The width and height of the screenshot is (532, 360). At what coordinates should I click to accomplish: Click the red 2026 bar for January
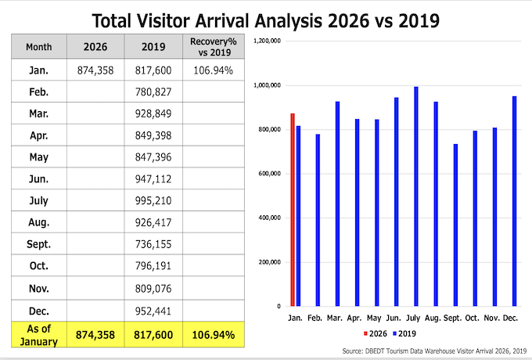pos(293,210)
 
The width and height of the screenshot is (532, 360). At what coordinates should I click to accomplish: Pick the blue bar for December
pos(515,200)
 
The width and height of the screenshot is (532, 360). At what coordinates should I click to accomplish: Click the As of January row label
pos(38,335)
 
